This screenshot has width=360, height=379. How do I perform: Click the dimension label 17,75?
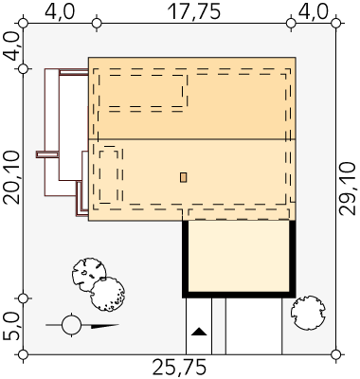click(x=193, y=12)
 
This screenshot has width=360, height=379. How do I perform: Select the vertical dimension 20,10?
click(x=12, y=178)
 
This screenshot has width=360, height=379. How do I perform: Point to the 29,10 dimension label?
click(x=348, y=189)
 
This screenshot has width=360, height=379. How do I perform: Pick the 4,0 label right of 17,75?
click(x=314, y=12)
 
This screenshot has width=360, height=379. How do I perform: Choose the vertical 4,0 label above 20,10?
click(x=11, y=46)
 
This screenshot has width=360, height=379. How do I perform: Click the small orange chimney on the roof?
click(x=183, y=177)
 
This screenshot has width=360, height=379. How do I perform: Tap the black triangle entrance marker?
click(x=199, y=332)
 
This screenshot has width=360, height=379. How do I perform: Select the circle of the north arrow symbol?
click(x=72, y=325)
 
